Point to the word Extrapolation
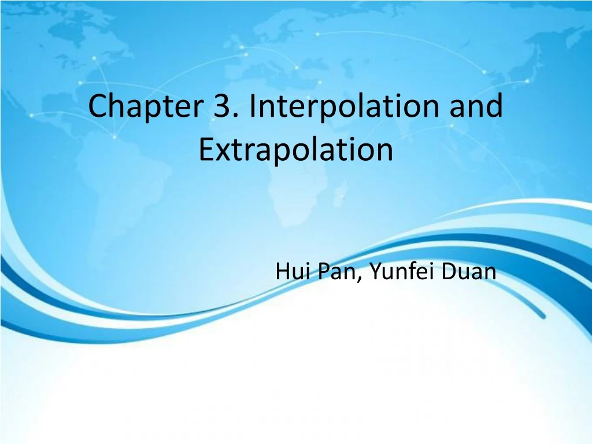tap(295, 150)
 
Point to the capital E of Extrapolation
tap(205, 150)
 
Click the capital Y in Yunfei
tap(374, 271)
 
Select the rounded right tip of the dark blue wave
tap(541, 316)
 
